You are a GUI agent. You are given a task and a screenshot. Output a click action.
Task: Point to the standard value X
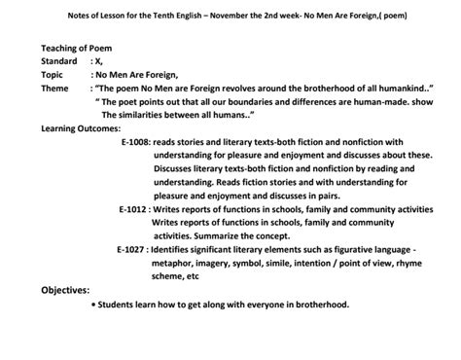click(x=96, y=60)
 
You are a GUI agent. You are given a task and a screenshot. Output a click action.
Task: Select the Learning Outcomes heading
click(x=81, y=127)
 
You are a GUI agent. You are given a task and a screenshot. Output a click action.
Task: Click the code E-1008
click(x=133, y=141)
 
